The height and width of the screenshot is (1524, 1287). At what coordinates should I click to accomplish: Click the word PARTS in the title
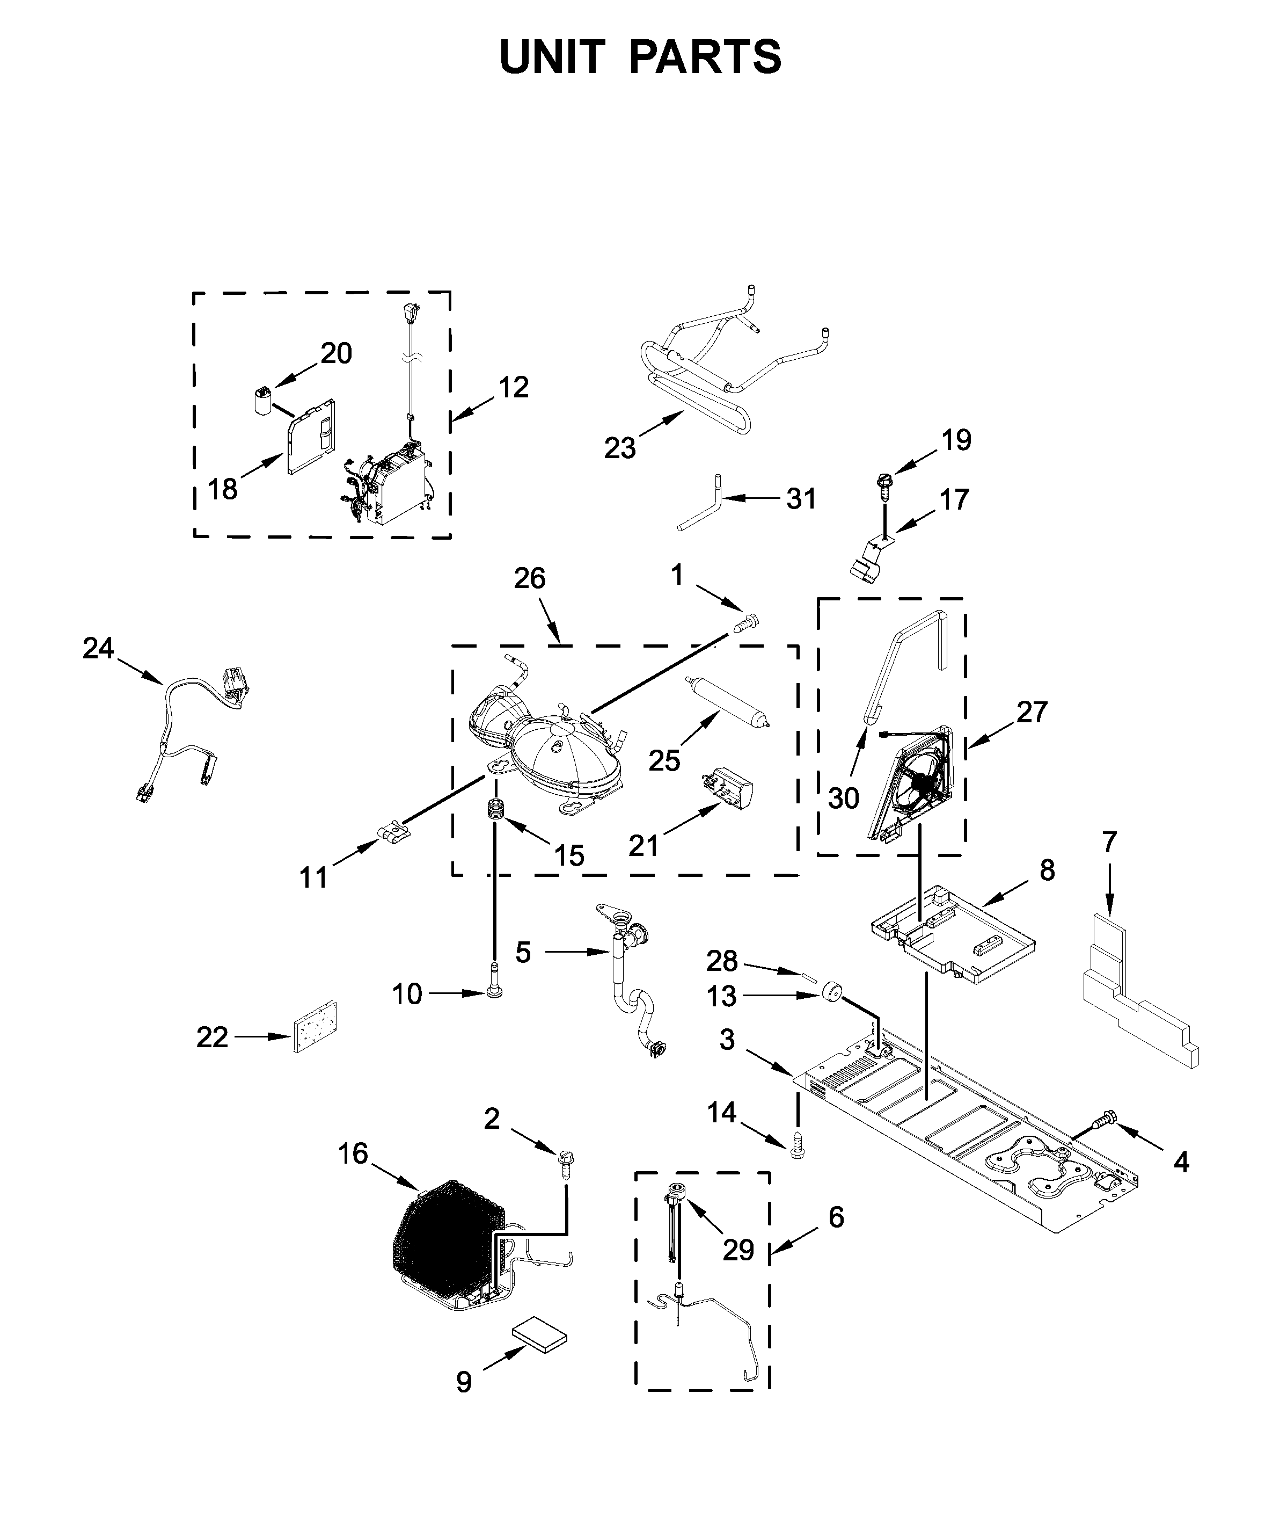coord(705,57)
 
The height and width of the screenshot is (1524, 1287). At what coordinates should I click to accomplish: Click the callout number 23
coord(619,447)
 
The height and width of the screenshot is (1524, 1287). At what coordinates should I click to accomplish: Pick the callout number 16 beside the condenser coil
coord(353,1154)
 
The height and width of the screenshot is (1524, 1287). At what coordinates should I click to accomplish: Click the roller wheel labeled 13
coord(830,992)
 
